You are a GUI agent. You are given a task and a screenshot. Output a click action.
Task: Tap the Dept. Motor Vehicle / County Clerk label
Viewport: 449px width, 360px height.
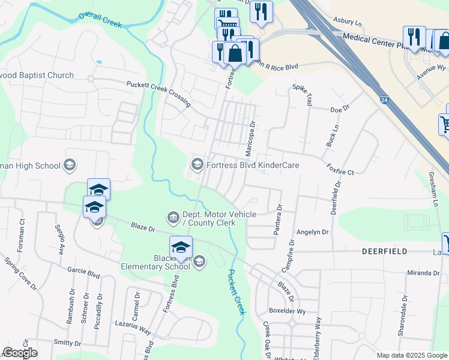(219, 218)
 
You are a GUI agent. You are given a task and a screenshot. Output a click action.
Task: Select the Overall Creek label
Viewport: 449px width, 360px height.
(100, 20)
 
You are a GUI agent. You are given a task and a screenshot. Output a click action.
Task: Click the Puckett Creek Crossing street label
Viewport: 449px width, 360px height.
(158, 94)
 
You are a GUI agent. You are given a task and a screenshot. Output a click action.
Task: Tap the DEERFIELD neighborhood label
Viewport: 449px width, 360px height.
(384, 251)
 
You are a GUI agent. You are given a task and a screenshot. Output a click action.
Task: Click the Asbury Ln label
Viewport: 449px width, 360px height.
(349, 23)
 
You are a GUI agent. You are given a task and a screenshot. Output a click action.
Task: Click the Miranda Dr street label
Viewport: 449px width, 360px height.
(424, 272)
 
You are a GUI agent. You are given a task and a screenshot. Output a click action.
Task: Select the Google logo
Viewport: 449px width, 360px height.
(20, 353)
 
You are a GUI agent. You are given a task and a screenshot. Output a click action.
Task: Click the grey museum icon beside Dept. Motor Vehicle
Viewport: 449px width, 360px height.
(173, 216)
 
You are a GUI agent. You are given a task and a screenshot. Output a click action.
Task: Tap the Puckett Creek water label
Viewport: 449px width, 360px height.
(235, 292)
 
